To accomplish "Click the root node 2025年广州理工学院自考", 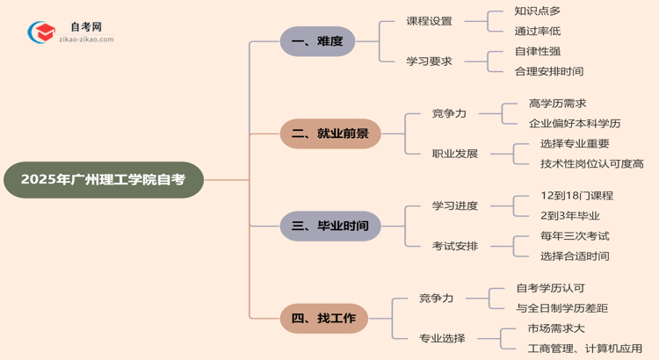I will tap(103, 179).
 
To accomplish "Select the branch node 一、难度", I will tap(317, 41).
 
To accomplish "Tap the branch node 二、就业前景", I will tap(330, 133).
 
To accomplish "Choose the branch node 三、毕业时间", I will tap(330, 226).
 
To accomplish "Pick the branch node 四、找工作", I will tap(323, 318).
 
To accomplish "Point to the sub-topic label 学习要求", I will tap(429, 61).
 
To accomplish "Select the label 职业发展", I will tap(455, 154).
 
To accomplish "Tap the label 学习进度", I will tap(455, 206).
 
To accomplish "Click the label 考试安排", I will tap(455, 246).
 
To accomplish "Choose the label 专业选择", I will tap(442, 338).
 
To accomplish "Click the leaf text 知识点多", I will tap(538, 11).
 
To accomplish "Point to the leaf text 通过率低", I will tap(538, 32).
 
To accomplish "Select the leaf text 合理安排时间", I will tap(549, 71).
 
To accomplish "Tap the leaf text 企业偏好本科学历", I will tap(575, 124).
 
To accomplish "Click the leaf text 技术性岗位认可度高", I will tap(591, 163).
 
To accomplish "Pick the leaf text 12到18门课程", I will tap(576, 196).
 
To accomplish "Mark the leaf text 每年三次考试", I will tap(575, 236).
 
